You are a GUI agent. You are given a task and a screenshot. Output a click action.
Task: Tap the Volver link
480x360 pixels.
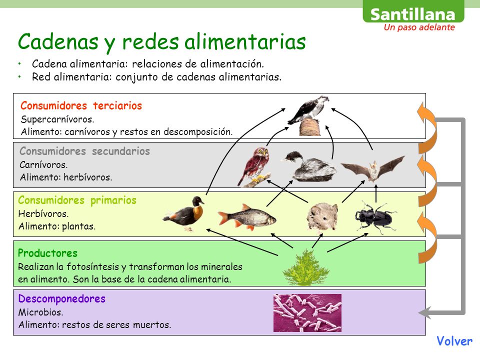454,341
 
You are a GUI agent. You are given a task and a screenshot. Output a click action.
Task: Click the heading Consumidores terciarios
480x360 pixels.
81,106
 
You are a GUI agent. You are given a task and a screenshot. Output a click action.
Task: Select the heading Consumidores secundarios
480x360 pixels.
84,151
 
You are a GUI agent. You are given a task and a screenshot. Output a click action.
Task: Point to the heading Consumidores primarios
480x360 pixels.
77,200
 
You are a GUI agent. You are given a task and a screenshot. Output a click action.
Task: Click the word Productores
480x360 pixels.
47,253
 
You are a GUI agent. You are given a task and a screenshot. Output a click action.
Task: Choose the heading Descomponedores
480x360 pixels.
61,299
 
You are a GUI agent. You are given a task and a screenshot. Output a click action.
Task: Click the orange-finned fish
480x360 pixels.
246,216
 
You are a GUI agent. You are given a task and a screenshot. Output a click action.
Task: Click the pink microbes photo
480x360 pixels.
307,312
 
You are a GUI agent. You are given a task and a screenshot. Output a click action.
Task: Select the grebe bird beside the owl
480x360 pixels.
308,166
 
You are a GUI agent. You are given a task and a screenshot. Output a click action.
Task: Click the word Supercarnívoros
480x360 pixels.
57,119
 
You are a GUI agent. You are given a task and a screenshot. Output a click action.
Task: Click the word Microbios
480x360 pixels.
40,312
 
